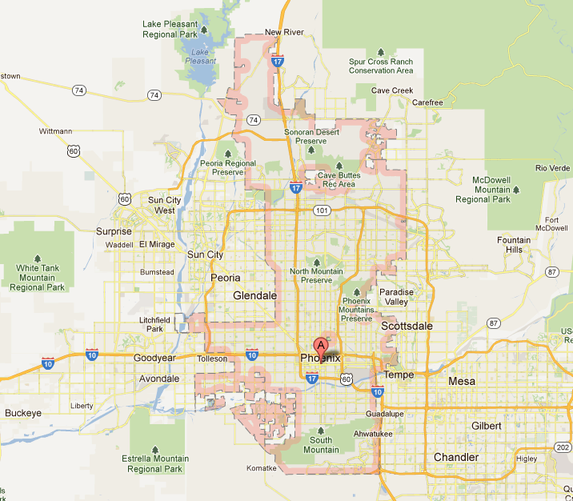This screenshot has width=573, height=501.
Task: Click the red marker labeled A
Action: click(x=322, y=346)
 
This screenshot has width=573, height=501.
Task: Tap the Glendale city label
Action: click(x=254, y=295)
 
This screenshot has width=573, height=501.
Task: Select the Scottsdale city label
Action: click(x=407, y=327)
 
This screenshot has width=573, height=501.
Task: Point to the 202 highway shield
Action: click(x=563, y=447)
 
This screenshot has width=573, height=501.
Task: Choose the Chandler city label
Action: click(x=455, y=458)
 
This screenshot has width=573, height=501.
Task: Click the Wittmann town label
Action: click(x=55, y=131)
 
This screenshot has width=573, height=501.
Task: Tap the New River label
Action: click(x=284, y=32)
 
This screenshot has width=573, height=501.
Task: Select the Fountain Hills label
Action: click(x=513, y=245)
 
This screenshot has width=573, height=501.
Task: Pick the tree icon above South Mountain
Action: click(x=321, y=430)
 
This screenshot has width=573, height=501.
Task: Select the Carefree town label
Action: click(x=427, y=102)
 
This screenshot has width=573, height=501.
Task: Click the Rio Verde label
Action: click(x=553, y=168)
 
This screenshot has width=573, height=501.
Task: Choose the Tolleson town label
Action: click(x=212, y=359)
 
